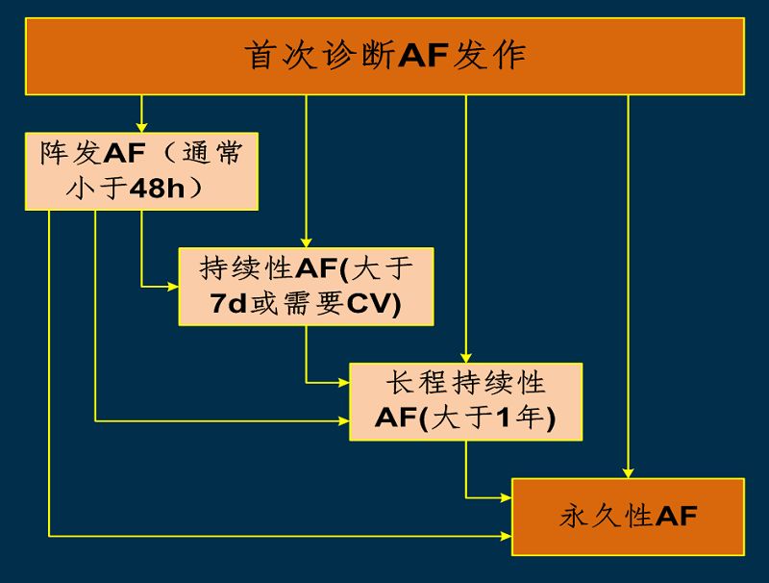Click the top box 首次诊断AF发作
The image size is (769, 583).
(x=384, y=56)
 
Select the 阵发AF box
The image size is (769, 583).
(x=141, y=170)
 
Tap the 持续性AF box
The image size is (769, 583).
(x=306, y=286)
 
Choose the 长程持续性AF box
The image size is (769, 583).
(x=465, y=401)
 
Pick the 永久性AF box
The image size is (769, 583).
(x=628, y=517)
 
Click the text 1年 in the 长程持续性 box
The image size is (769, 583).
(x=525, y=419)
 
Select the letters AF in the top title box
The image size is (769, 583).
(x=423, y=56)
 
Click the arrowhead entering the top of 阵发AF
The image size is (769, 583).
(x=141, y=127)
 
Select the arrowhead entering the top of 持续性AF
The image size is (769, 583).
(x=306, y=242)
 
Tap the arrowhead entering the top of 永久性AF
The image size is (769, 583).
(x=628, y=472)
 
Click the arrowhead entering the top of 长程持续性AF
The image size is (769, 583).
(x=465, y=357)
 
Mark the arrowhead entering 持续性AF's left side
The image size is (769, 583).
(x=173, y=286)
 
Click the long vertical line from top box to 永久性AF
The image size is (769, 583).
(x=628, y=289)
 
